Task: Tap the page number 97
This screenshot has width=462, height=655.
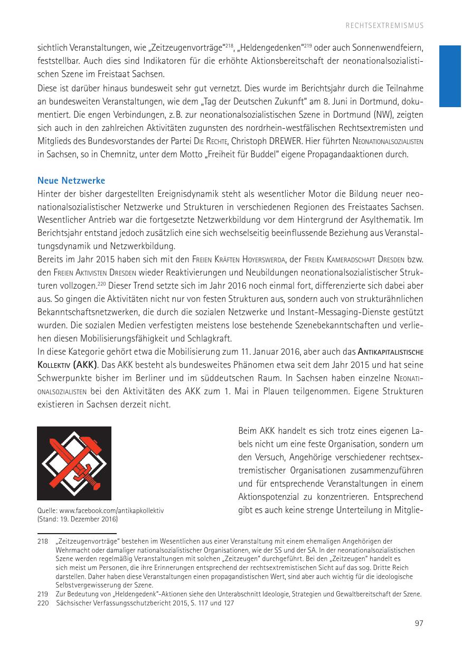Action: tap(419, 623)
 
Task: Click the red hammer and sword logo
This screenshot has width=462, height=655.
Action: tap(74, 463)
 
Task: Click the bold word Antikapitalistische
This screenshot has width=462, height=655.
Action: tap(391, 352)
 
